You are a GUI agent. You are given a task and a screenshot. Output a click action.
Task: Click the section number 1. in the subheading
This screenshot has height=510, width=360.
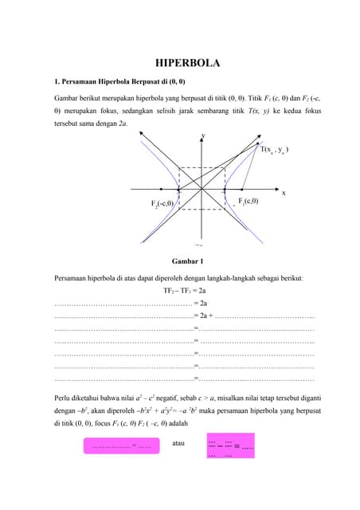click(x=57, y=80)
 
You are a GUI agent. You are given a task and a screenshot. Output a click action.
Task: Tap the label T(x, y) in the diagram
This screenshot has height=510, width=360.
click(x=280, y=149)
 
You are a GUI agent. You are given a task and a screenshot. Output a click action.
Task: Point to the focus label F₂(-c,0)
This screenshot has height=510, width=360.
click(x=169, y=204)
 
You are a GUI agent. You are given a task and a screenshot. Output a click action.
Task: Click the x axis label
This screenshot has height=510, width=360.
click(x=284, y=193)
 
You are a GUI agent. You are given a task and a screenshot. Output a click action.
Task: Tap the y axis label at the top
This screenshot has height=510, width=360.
click(x=203, y=135)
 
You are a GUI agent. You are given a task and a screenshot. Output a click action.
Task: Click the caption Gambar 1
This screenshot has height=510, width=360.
click(x=187, y=260)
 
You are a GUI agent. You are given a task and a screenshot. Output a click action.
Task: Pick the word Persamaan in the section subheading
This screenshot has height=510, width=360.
click(x=82, y=80)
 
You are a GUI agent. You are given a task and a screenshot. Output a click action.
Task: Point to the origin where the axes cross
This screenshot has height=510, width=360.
click(x=202, y=191)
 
